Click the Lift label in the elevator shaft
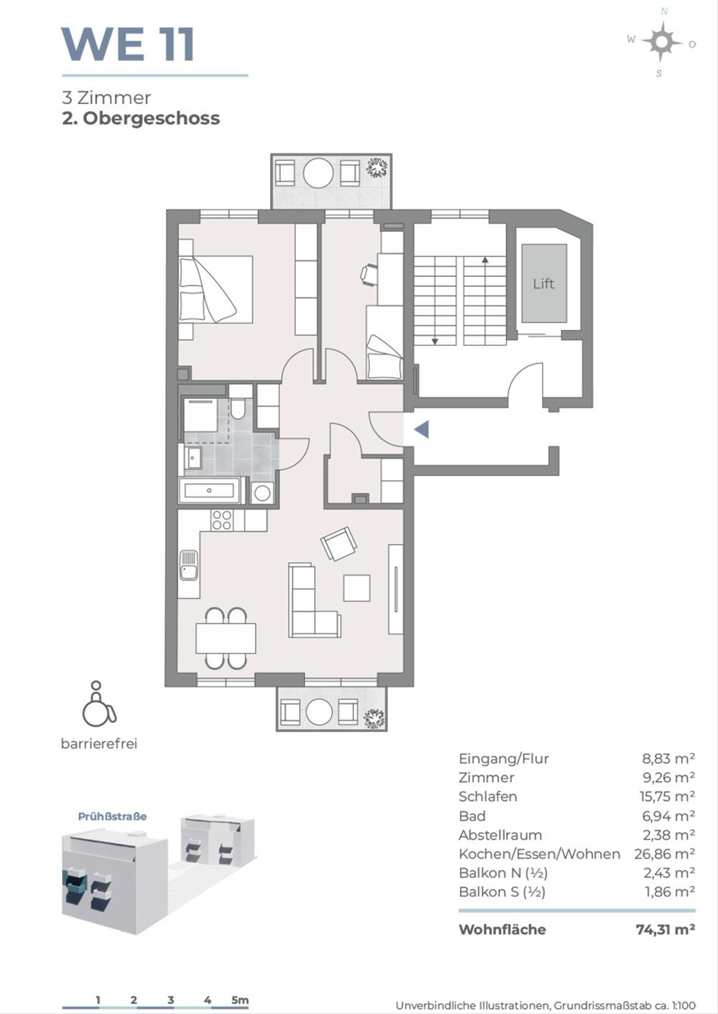tap(543, 284)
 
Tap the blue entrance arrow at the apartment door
tap(422, 429)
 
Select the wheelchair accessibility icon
tap(99, 703)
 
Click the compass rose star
tap(662, 42)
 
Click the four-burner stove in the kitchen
tap(222, 520)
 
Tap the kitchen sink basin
tap(188, 566)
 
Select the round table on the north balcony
tap(318, 172)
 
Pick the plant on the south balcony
tap(374, 716)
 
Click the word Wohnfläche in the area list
tap(502, 929)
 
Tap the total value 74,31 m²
tap(665, 929)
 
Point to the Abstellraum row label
tap(500, 835)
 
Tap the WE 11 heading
tap(128, 44)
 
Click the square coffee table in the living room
tap(357, 588)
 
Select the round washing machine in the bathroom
tap(262, 493)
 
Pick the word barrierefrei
tap(99, 744)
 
